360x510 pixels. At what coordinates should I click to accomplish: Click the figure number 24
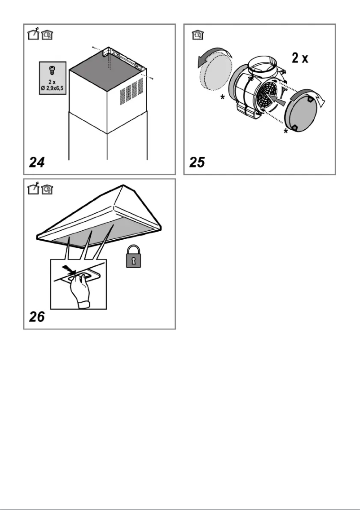pos(37,162)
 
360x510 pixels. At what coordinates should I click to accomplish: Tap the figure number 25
pos(197,162)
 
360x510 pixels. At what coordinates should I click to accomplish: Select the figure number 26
pos(37,317)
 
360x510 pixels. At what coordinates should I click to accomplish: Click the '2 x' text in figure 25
pos(300,58)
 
